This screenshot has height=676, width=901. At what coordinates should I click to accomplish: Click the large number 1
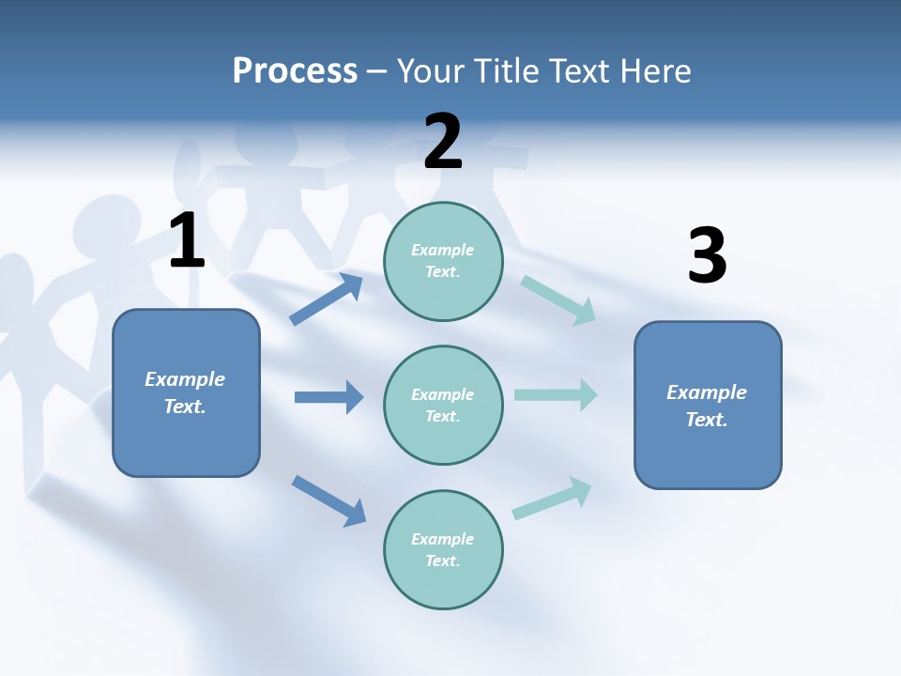(x=187, y=240)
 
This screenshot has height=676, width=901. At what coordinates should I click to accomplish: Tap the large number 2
(x=443, y=142)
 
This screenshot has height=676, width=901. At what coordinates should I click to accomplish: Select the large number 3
(x=707, y=256)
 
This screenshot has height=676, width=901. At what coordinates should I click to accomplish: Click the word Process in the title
(x=295, y=70)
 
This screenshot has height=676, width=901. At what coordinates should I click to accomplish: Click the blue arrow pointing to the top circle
(x=327, y=300)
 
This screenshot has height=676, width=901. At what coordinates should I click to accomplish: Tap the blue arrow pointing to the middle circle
(x=328, y=397)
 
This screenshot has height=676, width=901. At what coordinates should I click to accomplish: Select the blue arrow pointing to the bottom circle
(x=329, y=500)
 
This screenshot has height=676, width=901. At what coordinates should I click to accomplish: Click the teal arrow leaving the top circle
(x=558, y=300)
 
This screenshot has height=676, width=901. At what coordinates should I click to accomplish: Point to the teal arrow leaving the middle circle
(x=556, y=394)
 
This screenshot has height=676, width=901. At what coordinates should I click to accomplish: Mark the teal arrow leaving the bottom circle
(x=552, y=499)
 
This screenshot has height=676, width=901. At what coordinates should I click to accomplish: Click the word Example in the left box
(x=185, y=379)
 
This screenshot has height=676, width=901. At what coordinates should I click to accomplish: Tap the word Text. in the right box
(x=707, y=420)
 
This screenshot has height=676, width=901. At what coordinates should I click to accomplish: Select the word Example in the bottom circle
(x=443, y=539)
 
